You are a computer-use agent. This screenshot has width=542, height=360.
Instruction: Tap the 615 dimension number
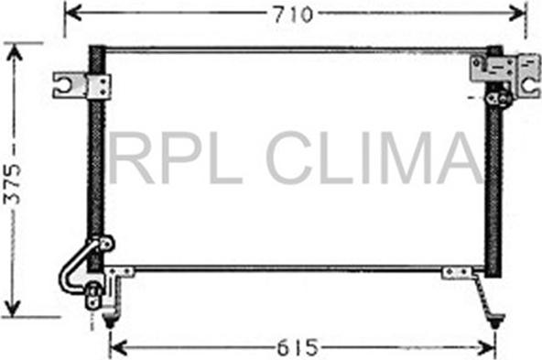[298, 347]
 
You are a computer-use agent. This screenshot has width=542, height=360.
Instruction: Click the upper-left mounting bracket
[79, 85]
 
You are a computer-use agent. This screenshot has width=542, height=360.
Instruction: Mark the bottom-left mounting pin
[111, 320]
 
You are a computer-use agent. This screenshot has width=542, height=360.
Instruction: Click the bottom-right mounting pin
[494, 320]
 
